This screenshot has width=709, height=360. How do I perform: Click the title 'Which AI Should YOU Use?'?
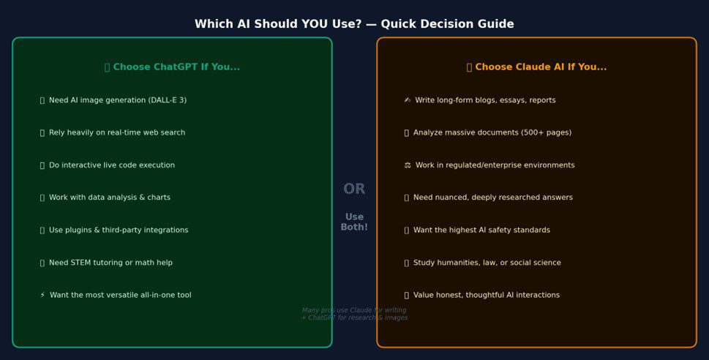point(354,24)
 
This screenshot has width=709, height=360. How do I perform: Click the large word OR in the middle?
point(354,190)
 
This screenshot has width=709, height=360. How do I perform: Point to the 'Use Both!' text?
point(354,222)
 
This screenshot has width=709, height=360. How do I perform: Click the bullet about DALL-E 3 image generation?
point(117,100)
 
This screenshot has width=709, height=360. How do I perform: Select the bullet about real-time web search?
point(116,133)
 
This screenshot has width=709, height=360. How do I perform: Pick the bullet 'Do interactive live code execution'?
point(111,165)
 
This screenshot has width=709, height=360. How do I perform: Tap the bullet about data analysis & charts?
point(109,198)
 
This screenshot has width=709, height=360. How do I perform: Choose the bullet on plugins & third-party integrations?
point(118,230)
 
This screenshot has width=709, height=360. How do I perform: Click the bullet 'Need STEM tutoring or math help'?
point(110,263)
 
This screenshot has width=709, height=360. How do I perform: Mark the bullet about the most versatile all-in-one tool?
point(120,296)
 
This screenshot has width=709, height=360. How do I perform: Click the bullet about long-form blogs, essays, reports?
point(484,100)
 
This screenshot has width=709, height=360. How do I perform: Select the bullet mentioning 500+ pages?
point(492,133)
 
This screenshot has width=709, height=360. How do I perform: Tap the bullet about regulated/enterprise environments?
point(495,165)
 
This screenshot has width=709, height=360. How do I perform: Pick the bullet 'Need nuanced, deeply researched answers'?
point(492,198)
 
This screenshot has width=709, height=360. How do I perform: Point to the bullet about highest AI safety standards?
point(481,230)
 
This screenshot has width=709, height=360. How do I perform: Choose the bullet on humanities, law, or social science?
point(487,263)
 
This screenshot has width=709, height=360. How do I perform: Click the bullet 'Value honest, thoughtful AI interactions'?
point(486,296)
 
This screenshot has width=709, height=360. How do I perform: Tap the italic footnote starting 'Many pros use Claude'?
point(354,314)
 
